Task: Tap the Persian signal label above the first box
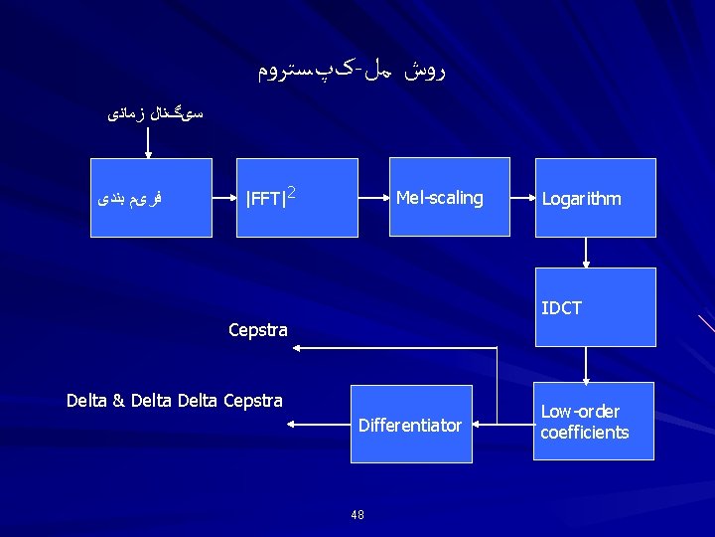pyautogui.click(x=155, y=114)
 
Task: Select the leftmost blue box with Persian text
pyautogui.click(x=151, y=197)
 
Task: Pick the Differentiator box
pyautogui.click(x=410, y=425)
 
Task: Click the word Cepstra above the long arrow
pyautogui.click(x=258, y=330)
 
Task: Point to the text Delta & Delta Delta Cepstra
pyautogui.click(x=175, y=401)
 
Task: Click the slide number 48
pyautogui.click(x=357, y=514)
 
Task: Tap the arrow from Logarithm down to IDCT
pyautogui.click(x=586, y=253)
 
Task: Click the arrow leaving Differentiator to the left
pyautogui.click(x=318, y=425)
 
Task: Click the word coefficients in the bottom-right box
pyautogui.click(x=585, y=433)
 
